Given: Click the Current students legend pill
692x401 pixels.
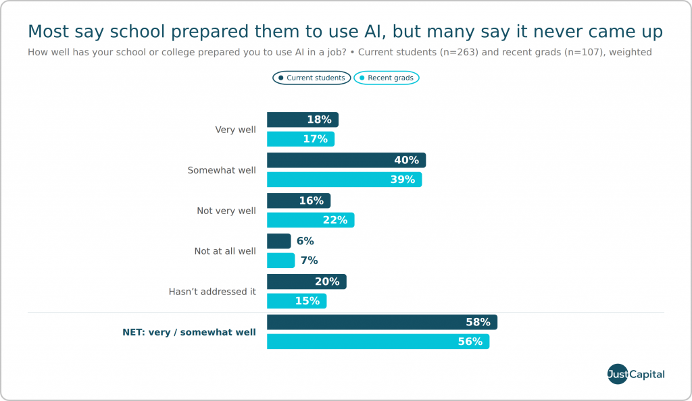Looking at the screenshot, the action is (312, 78).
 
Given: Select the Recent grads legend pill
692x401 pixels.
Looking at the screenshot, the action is (387, 78).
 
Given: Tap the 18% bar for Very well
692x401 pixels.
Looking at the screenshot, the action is (303, 119).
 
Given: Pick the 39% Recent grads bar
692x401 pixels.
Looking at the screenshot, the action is (344, 180).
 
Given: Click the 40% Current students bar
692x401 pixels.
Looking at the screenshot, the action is (347, 160).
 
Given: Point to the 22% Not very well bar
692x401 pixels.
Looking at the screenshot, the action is (311, 220).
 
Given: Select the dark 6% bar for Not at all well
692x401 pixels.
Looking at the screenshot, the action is (279, 241).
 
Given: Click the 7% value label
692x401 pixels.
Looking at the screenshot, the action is (309, 261).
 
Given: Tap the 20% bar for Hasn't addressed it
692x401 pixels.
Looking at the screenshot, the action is (307, 282).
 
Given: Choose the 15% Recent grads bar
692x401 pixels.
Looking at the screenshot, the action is (297, 301).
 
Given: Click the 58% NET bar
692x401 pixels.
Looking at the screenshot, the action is (382, 322).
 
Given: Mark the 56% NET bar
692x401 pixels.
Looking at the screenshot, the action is (378, 342).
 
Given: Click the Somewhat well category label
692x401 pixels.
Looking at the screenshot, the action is (222, 170).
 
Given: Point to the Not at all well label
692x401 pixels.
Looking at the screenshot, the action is (225, 251).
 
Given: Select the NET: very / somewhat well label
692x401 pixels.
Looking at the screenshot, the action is (189, 332).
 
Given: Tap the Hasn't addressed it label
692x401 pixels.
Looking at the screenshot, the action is (212, 292).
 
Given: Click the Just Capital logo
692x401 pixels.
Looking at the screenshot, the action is (636, 374).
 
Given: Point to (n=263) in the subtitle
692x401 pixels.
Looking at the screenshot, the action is (459, 52).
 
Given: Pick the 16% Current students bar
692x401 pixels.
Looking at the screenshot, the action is (299, 200).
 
